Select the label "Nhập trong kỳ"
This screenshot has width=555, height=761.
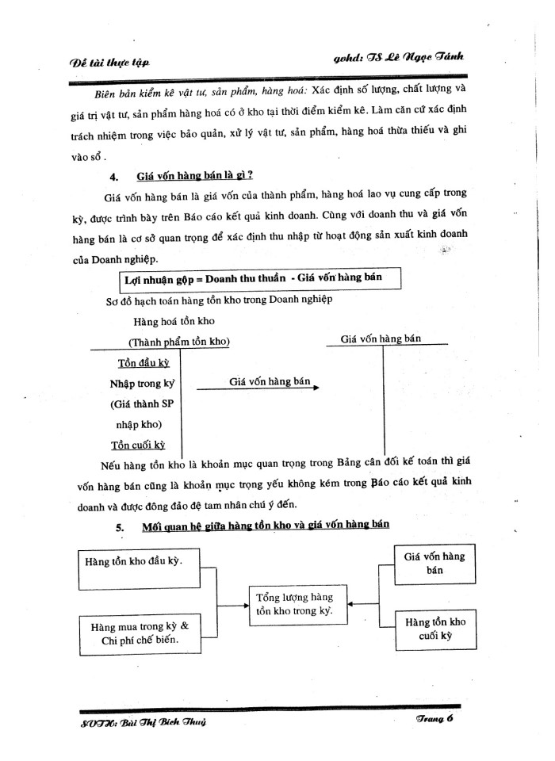click(x=141, y=384)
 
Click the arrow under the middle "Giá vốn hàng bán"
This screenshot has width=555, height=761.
click(x=257, y=388)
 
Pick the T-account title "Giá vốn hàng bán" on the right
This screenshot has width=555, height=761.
click(x=381, y=338)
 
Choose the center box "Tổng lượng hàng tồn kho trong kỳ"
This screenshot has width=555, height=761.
click(x=293, y=604)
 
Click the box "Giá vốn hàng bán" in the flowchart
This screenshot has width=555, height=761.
click(x=434, y=563)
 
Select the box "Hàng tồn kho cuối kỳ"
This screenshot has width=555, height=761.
click(x=434, y=629)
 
